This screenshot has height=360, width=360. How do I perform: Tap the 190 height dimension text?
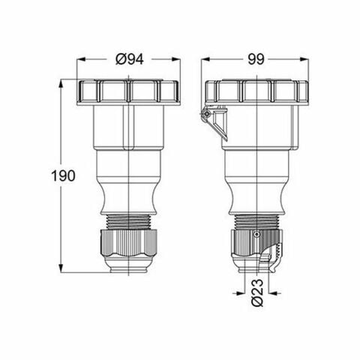[x=64, y=176]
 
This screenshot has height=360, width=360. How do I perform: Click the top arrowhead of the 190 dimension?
[x=60, y=81]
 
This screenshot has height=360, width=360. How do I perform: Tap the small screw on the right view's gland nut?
[x=257, y=235]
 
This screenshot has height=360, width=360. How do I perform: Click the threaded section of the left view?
[x=129, y=221]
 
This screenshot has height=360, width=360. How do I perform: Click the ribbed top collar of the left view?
[x=129, y=91]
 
